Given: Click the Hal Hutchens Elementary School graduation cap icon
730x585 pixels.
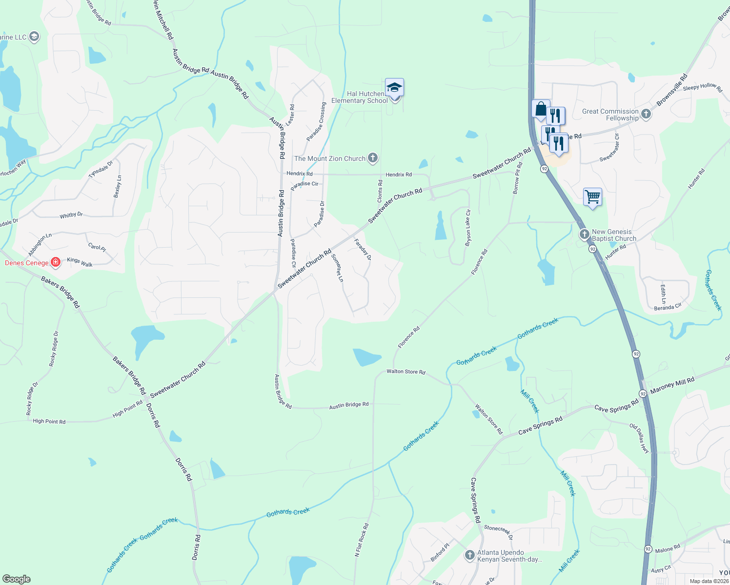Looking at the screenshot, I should point(394,88).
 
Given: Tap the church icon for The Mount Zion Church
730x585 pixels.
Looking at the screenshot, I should point(373,158).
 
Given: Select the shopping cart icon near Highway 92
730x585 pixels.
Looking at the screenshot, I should point(592,197).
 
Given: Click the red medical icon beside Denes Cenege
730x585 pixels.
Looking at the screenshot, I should point(56,263).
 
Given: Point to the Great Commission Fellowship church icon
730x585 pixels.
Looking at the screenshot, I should point(646,114).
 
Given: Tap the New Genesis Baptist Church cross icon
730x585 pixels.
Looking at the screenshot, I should point(585,234).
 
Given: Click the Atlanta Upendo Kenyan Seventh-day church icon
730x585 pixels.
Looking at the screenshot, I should point(469,555).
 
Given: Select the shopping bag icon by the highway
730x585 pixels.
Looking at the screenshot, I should point(541,109).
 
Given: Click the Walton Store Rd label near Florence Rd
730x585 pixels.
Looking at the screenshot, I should point(406,371).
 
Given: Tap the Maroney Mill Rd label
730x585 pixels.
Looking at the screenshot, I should point(672,384).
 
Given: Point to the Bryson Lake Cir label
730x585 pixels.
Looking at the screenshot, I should point(468,228).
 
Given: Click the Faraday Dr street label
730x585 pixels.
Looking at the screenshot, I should point(363,250).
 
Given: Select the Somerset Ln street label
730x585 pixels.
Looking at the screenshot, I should point(337,268).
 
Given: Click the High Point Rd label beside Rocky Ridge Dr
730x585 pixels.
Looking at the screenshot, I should point(49,421).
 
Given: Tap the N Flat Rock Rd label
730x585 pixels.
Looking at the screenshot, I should point(362,540).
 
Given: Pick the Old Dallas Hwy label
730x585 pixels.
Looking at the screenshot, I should point(639,439).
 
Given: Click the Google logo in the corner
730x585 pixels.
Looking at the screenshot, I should point(16,579).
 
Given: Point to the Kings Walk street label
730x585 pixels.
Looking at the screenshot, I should point(80,262).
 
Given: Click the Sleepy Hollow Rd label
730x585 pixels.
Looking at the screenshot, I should point(702,87).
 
